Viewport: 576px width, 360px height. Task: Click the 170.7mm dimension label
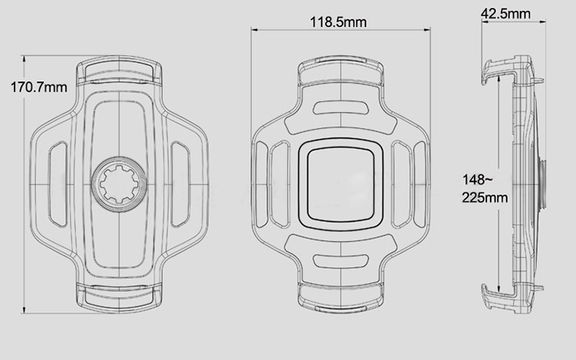39,88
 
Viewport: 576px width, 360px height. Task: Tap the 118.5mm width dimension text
339,22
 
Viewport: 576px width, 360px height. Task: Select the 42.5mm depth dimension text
506,14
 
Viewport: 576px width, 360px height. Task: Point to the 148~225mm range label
485,189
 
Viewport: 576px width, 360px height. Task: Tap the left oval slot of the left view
58,184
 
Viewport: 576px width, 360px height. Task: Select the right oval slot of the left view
180,184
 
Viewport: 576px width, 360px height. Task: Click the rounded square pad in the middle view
341,185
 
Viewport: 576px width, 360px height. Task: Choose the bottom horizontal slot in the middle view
341,261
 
